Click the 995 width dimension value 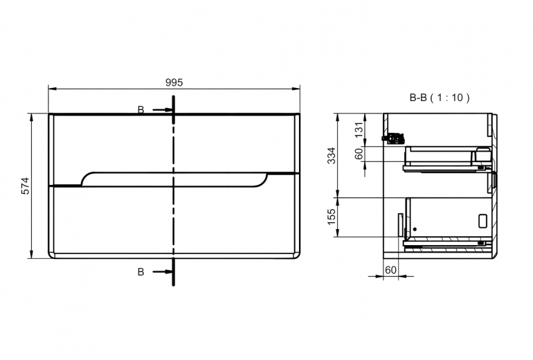coord(174,82)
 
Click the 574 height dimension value coord(26,186)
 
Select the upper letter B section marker coord(141,110)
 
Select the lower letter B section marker coord(141,272)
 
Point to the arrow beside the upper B coord(163,110)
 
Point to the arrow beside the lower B coord(163,271)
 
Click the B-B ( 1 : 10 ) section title coord(440,98)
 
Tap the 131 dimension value coord(359,129)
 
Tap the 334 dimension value coord(332,155)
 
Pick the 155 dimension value coord(332,217)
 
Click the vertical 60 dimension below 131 coord(359,154)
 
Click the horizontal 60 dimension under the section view coord(391,270)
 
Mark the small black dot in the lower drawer coord(415,229)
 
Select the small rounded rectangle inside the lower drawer coord(482,221)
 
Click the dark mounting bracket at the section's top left coord(393,138)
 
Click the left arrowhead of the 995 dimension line coord(53,89)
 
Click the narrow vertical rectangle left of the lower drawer coord(400,225)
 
